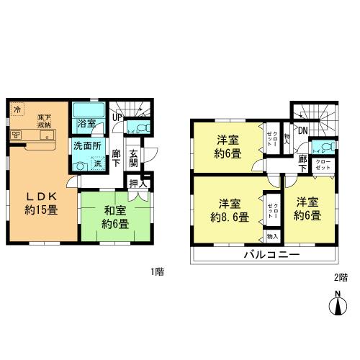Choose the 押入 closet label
[x=135, y=183]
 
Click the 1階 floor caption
[x=157, y=271]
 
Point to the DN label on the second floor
[x=303, y=130]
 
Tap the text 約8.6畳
[x=229, y=216]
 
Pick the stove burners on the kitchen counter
[x=16, y=134]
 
